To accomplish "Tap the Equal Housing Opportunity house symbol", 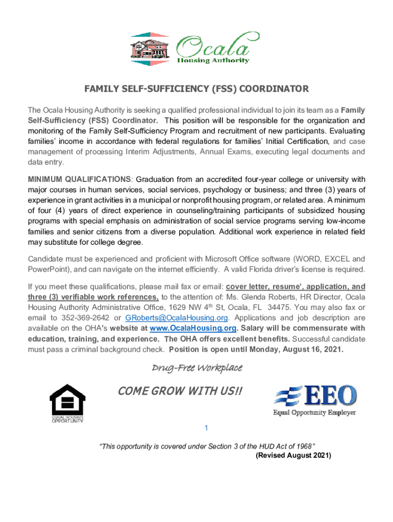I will click(x=67, y=400).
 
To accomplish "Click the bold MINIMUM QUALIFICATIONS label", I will click(x=80, y=179).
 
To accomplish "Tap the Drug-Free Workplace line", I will click(x=196, y=368).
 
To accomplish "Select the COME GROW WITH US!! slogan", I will click(x=180, y=391).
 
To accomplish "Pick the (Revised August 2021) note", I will click(x=293, y=455).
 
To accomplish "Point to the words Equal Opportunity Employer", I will click(x=314, y=412).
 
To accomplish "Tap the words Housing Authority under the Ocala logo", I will click(x=213, y=60).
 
